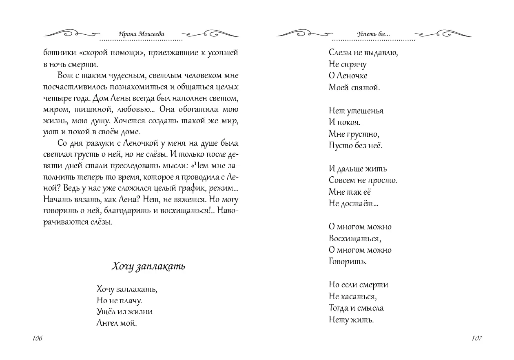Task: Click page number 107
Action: pos(476,338)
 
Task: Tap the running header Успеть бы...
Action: pos(373,35)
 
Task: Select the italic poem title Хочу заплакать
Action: pos(148,267)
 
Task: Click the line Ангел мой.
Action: pos(117,323)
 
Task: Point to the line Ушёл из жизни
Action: pos(124,312)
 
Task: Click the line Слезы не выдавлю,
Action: pos(363,53)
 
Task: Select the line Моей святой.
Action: pos(354,87)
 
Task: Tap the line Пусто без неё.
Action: pos(355,145)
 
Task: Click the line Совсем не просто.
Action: pos(363,180)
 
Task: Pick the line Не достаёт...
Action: pos(353,203)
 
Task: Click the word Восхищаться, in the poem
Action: pos(354,238)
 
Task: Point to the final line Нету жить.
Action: pos(351,320)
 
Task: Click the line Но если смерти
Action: pos(358,285)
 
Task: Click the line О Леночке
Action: pos(348,76)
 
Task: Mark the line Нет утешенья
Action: pos(356,111)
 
